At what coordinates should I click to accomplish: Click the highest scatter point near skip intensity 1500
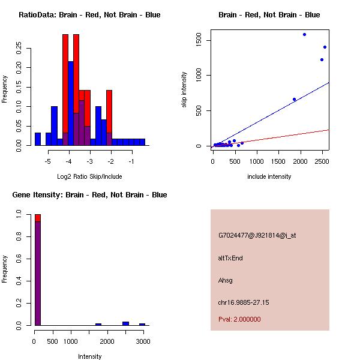(304, 34)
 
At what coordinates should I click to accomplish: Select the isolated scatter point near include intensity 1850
(294, 99)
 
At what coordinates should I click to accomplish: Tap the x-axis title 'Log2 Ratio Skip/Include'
(89, 176)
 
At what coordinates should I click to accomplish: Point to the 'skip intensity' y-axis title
(184, 90)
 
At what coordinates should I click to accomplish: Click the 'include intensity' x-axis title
(269, 176)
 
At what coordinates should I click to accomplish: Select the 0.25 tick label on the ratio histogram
(19, 49)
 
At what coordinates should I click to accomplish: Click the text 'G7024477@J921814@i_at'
(257, 235)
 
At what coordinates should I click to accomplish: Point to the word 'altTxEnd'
(230, 258)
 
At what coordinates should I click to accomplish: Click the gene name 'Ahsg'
(225, 280)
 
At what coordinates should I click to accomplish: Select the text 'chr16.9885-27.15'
(244, 302)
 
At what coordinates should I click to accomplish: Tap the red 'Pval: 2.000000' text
(239, 319)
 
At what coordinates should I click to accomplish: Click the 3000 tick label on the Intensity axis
(143, 341)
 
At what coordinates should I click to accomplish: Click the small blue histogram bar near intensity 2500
(125, 323)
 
